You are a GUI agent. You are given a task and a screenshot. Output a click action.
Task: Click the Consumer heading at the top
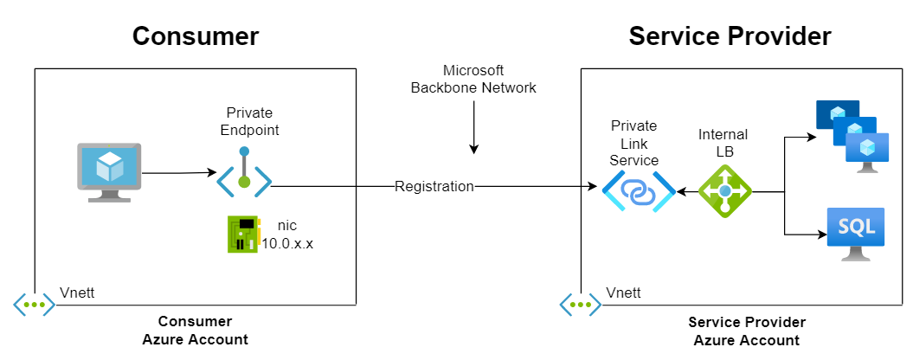coord(196,36)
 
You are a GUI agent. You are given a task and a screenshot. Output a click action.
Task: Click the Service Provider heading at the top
coord(730,36)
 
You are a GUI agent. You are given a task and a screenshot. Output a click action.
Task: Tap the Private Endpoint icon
coord(245,171)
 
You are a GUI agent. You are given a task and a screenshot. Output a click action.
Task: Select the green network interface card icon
coord(242,235)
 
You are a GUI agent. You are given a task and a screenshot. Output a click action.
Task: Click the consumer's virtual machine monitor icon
coord(109,172)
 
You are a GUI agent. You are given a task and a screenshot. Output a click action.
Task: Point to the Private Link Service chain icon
coord(639,191)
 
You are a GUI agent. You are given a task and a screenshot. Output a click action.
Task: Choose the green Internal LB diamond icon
coord(725,191)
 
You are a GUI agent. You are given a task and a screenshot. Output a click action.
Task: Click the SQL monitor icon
coord(855,235)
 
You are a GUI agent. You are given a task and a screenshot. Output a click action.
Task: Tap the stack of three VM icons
coord(852,137)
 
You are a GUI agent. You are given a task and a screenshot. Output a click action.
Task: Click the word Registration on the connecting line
coord(434,186)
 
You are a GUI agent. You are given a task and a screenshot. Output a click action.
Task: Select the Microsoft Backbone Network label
coord(473,80)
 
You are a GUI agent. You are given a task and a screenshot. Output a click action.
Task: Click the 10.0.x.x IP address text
coord(287,244)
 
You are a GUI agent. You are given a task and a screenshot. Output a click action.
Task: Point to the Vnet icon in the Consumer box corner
coord(35,305)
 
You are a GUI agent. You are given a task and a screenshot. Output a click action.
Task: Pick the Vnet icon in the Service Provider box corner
coord(581,305)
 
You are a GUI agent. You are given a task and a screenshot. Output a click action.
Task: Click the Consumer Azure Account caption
coord(195,331)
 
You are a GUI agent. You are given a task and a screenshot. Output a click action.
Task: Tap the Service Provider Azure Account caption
coord(747,331)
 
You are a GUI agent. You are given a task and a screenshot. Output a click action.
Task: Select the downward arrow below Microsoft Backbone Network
coord(474,127)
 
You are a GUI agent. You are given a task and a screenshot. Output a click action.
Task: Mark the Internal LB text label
coord(723,143)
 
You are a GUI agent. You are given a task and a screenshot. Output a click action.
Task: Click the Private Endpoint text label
coord(249,121)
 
